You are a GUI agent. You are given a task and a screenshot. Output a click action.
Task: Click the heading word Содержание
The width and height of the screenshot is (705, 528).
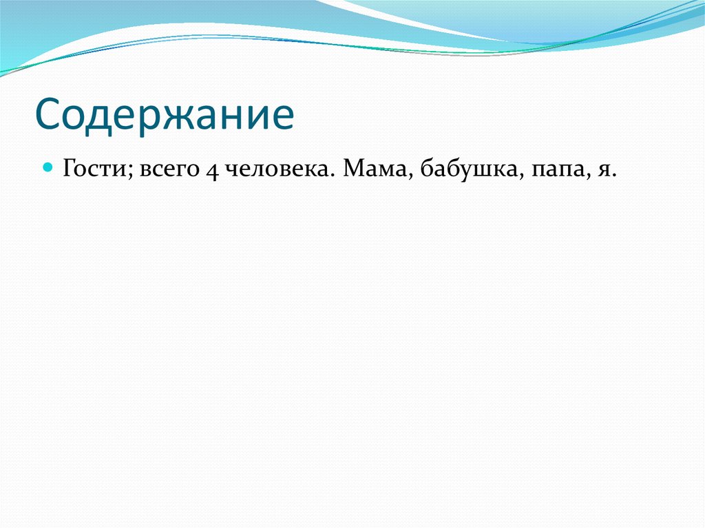tap(165, 115)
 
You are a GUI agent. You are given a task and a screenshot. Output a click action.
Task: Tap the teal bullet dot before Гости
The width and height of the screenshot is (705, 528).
tap(48, 167)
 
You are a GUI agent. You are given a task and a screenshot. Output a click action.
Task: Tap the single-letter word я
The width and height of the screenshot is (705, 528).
tap(602, 171)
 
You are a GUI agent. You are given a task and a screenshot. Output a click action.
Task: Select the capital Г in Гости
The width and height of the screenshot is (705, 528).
tap(70, 169)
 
